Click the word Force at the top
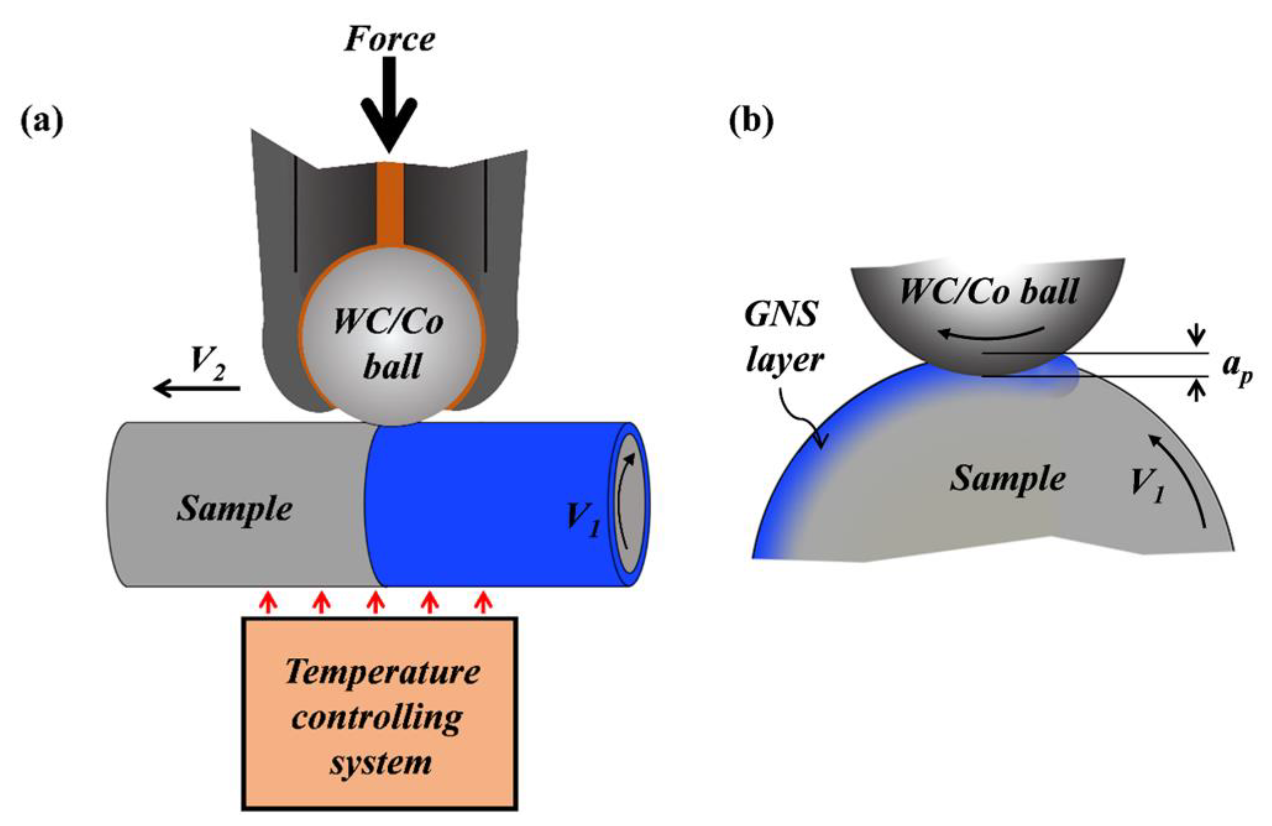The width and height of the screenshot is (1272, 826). pos(389,39)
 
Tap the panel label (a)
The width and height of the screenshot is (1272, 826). pos(42,122)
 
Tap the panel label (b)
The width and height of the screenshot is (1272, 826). pos(751,122)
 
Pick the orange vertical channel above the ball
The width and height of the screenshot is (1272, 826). pos(390,203)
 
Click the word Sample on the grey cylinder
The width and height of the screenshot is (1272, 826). pos(234,508)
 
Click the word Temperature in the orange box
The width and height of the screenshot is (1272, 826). pos(382,672)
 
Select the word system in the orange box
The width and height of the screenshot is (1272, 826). pos(381,763)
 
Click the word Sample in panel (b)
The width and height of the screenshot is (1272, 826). pos(1007,478)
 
